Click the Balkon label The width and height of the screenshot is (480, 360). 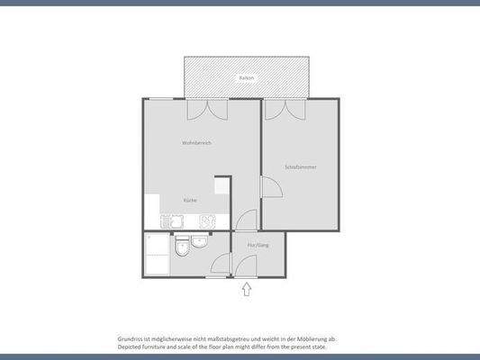click(246, 79)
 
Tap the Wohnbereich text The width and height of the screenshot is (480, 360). click(196, 143)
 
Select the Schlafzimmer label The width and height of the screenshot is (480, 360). click(300, 167)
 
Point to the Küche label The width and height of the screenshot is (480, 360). click(190, 200)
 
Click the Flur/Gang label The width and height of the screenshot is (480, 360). click(258, 246)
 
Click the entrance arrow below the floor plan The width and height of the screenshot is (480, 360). click(247, 290)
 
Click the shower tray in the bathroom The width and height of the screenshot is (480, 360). click(157, 255)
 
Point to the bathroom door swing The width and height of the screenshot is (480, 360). click(221, 266)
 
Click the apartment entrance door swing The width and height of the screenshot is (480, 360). click(246, 265)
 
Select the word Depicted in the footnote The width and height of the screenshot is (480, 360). click(131, 346)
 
